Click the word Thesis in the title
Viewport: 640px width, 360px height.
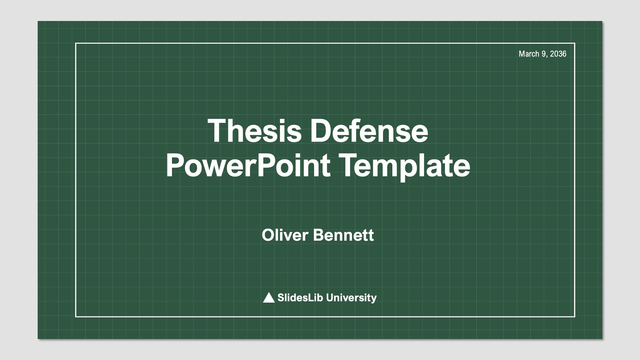255,131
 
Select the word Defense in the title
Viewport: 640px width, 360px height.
369,131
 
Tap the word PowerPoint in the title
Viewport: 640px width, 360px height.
248,166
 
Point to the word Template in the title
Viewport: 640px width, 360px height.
404,166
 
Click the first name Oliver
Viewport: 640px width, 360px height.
285,235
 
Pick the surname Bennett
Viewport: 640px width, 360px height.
344,235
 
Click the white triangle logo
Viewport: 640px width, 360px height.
269,297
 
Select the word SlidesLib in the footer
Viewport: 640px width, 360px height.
300,297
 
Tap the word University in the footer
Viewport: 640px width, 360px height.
351,298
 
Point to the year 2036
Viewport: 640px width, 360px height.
558,54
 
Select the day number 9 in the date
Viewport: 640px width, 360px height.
545,54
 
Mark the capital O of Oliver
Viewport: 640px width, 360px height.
268,235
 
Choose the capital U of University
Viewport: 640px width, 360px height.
331,298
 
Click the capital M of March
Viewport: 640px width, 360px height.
522,54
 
